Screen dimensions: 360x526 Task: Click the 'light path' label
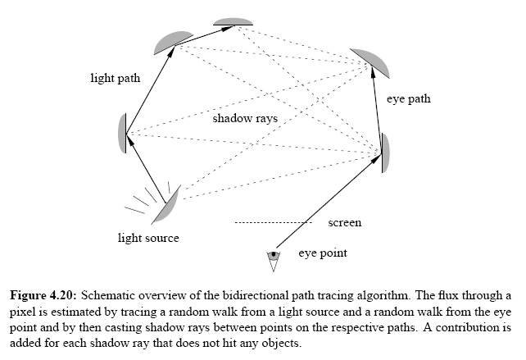116,79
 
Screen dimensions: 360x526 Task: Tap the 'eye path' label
408,99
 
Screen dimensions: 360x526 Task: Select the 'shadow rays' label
245,119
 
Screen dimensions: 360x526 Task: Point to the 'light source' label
147,239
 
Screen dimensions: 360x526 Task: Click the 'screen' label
344,222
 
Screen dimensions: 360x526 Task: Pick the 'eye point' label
322,253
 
